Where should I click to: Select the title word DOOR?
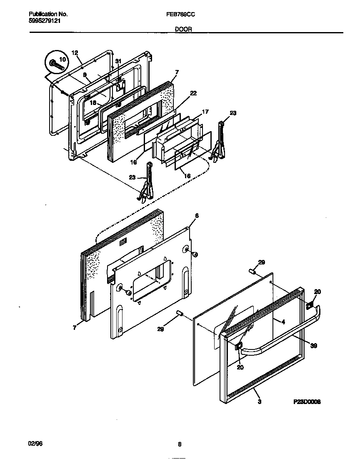click(x=181, y=29)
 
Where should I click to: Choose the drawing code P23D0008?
click(x=307, y=402)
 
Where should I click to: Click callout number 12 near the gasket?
click(x=75, y=52)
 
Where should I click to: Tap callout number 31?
click(x=118, y=61)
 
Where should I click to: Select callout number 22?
click(x=193, y=93)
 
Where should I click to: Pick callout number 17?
click(x=205, y=112)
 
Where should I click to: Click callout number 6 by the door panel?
click(x=197, y=215)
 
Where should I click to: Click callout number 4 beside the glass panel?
click(x=282, y=322)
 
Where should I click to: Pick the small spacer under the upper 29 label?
click(x=252, y=272)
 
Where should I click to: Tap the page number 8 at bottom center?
click(x=179, y=444)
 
